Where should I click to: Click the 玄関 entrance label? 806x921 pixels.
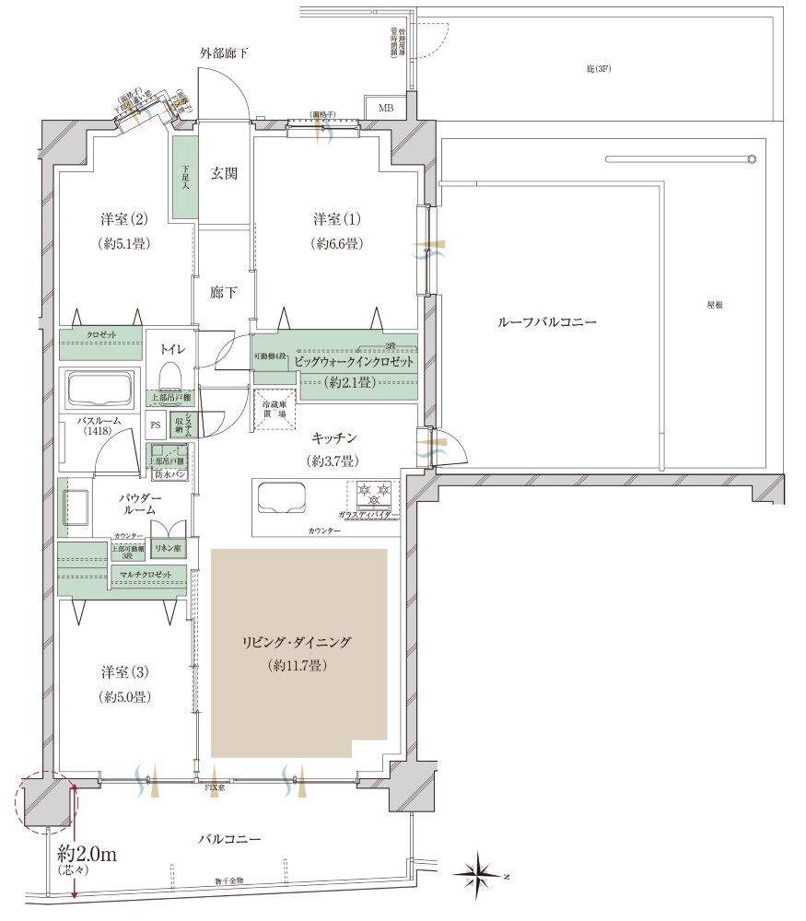point(225,173)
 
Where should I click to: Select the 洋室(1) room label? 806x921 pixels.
point(338,219)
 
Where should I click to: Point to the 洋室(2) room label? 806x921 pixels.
point(126,219)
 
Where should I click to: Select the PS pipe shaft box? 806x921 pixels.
point(155,426)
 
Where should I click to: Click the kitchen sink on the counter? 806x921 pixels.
point(283,498)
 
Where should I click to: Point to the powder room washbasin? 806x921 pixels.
point(75,507)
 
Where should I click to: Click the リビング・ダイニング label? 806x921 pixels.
point(298,643)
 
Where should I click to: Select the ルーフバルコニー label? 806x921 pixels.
point(547,322)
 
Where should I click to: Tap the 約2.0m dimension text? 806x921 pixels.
point(87,853)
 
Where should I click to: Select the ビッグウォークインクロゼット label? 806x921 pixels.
point(355,363)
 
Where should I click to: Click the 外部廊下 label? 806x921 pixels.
point(224,53)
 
